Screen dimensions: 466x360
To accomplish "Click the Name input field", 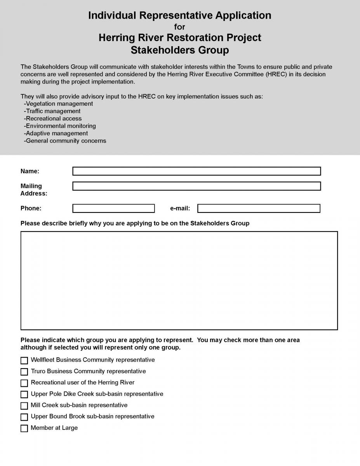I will (x=197, y=171).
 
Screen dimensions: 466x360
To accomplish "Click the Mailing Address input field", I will (x=197, y=186).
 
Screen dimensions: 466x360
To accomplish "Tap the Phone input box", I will (x=113, y=209).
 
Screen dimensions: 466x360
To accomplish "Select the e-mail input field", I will (x=259, y=209).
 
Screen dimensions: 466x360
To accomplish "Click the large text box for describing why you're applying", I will (x=179, y=280).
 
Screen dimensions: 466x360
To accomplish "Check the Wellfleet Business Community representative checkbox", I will (x=24, y=360).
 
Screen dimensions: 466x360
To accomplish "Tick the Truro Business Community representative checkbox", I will (x=24, y=372).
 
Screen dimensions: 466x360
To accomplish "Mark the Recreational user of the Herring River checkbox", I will (x=24, y=383).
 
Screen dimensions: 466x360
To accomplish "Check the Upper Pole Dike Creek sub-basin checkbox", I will (x=24, y=394).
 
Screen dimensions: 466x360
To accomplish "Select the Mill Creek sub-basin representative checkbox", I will (x=24, y=406).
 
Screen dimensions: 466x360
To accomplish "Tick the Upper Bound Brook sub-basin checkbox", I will (x=24, y=417).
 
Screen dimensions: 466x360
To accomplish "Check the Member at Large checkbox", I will (x=24, y=428).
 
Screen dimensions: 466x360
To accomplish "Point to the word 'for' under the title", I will (x=179, y=27).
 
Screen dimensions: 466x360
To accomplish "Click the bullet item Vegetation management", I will (x=59, y=104).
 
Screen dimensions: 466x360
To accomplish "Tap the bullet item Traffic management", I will (x=53, y=111).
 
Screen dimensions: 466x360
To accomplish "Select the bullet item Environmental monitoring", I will (x=61, y=126).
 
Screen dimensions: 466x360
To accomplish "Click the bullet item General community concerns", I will (x=66, y=141).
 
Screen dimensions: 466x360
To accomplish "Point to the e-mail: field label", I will (x=180, y=209).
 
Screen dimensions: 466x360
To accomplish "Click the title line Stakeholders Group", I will (x=179, y=50).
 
